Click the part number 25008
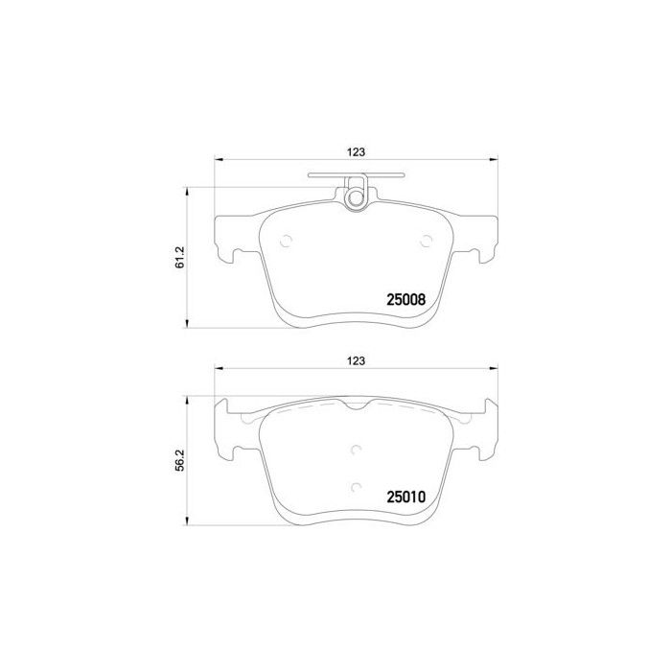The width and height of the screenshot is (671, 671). point(405,299)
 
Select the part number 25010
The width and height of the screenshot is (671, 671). point(405,497)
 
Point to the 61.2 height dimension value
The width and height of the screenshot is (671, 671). point(179,256)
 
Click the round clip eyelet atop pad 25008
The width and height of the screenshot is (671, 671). point(356,198)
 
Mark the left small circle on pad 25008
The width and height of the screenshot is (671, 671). point(284,242)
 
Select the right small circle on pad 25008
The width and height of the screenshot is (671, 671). point(426,242)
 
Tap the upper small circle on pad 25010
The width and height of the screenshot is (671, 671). point(357,451)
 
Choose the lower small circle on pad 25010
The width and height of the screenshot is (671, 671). point(357,487)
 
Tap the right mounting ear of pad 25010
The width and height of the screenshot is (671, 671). point(485,431)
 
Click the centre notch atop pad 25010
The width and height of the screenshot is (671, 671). point(357,408)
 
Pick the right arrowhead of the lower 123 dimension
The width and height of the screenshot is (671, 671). point(495,370)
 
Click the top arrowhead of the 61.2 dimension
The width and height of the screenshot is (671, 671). point(186,190)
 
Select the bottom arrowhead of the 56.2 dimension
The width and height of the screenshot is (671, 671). point(186,523)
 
